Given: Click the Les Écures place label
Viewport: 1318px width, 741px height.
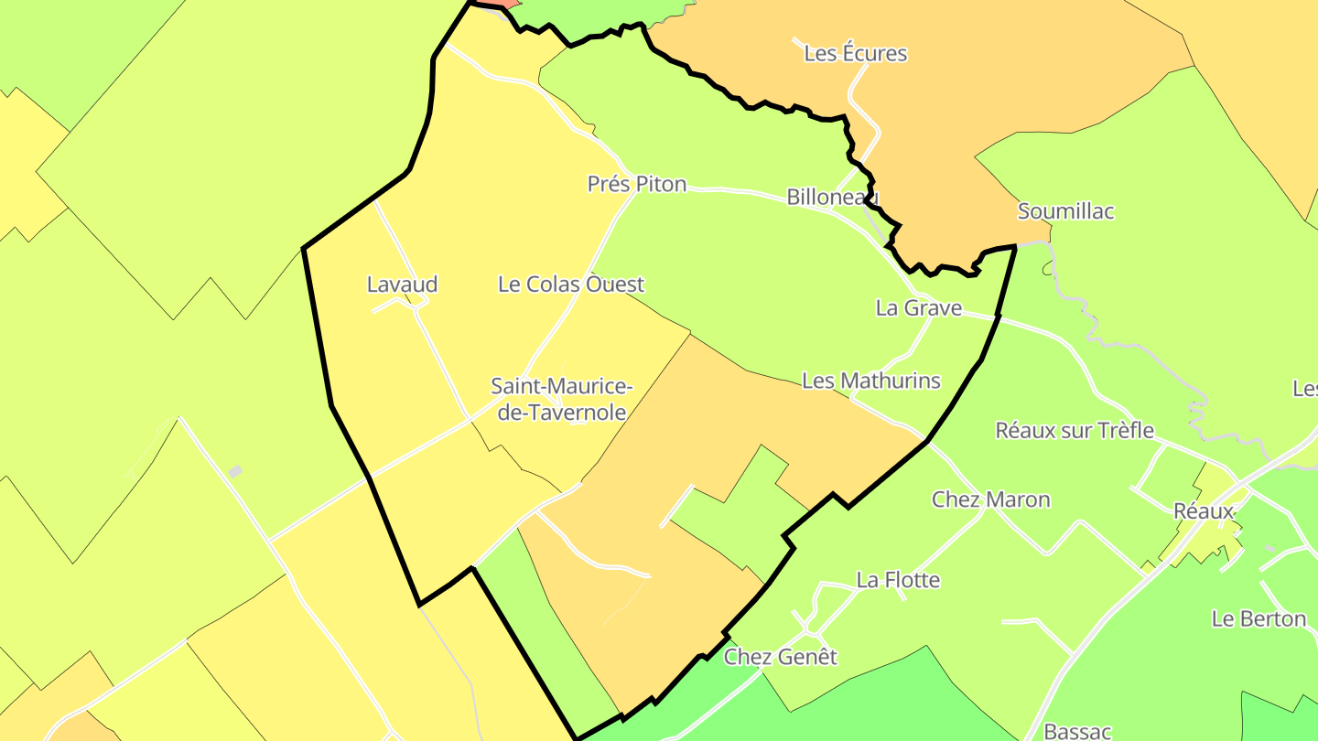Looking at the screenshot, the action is pyautogui.click(x=855, y=53).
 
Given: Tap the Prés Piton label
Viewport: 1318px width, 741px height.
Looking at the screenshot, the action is pyautogui.click(x=636, y=184).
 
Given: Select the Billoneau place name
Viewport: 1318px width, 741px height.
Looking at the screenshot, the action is pyautogui.click(x=832, y=197).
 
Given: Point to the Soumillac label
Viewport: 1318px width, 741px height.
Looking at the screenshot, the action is pyautogui.click(x=1065, y=211).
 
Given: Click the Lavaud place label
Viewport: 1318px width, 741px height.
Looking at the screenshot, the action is pyautogui.click(x=402, y=285).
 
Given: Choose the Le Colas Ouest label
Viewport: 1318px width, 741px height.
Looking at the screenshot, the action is pyautogui.click(x=570, y=285).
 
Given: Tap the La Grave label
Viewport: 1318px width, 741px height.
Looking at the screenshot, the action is pyautogui.click(x=918, y=308).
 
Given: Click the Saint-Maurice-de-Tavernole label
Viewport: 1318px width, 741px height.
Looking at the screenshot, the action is pyautogui.click(x=558, y=399).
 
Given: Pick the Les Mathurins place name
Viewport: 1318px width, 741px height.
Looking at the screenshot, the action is pyautogui.click(x=870, y=381).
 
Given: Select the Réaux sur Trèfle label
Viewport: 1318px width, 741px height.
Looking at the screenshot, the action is pyautogui.click(x=1075, y=430).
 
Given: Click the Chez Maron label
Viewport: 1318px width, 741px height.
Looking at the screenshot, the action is pyautogui.click(x=990, y=499).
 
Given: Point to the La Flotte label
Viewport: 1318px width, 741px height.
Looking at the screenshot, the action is pyautogui.click(x=898, y=580).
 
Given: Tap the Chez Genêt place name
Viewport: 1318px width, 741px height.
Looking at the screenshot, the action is pyautogui.click(x=780, y=657).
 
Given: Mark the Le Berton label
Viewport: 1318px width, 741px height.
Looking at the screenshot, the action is pyautogui.click(x=1258, y=618).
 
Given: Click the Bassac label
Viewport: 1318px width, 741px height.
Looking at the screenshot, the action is pyautogui.click(x=1077, y=731).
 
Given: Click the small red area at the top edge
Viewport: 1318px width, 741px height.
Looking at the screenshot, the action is pyautogui.click(x=498, y=4).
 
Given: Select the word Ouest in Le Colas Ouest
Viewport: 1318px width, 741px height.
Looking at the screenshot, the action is pyautogui.click(x=614, y=285).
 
